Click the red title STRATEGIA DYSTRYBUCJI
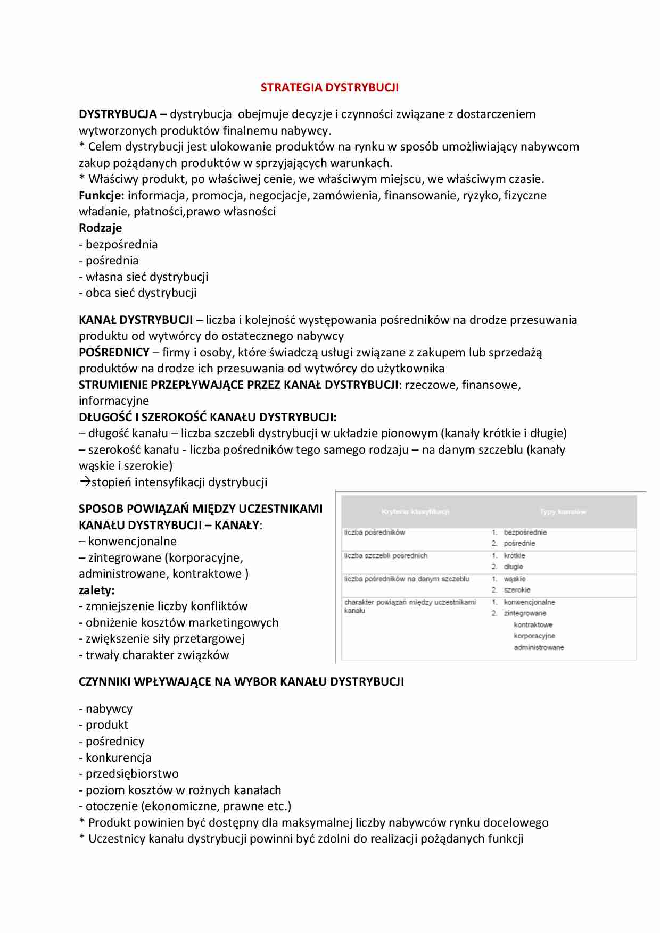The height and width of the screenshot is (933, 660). click(x=329, y=88)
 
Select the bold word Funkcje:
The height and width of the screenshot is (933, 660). click(x=101, y=195)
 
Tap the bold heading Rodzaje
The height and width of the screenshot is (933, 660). click(x=100, y=228)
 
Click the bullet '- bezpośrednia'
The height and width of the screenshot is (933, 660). click(x=118, y=245)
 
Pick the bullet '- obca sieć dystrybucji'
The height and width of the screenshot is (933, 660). click(x=137, y=293)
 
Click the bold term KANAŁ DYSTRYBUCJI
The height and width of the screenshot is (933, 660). click(x=136, y=320)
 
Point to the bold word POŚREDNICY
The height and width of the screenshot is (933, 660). click(x=114, y=353)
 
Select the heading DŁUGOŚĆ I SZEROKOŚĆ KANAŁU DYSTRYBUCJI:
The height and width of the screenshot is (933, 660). click(x=208, y=418)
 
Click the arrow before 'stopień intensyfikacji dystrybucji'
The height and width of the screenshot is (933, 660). click(x=85, y=482)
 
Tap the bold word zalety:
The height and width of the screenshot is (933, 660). click(x=97, y=590)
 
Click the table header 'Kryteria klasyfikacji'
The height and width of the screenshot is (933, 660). click(x=415, y=512)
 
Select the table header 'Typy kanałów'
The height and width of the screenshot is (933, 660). click(x=563, y=512)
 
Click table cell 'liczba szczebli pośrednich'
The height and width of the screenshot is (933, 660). click(x=385, y=556)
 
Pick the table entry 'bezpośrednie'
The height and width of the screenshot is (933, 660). click(x=525, y=532)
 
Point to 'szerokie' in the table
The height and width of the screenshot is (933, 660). click(x=517, y=590)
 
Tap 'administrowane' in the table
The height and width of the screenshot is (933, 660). click(x=539, y=647)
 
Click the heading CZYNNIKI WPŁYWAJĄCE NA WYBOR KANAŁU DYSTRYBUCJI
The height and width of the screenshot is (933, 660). click(x=241, y=682)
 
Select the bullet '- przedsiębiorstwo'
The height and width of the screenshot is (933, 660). click(x=129, y=774)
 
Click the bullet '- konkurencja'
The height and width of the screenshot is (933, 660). click(x=115, y=758)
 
